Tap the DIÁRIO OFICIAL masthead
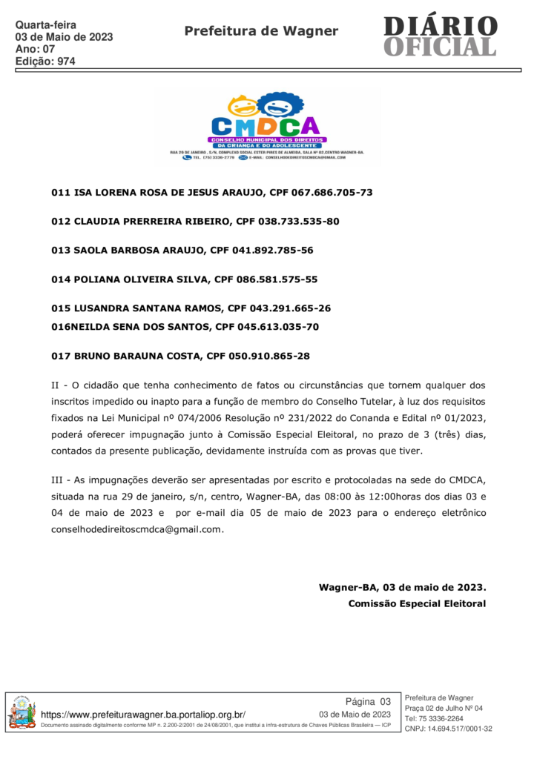[440, 36]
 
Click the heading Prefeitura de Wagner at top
[261, 31]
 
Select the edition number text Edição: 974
[45, 62]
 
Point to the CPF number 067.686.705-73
[332, 193]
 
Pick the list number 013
[60, 251]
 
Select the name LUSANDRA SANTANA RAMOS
[147, 308]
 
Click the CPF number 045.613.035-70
[278, 327]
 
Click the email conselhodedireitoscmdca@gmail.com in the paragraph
[136, 529]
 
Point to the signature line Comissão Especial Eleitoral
[417, 604]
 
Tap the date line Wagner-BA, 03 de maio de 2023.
[402, 588]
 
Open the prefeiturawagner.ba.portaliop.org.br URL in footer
[143, 715]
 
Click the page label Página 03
[368, 702]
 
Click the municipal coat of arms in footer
[22, 713]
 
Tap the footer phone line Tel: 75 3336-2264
[434, 718]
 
